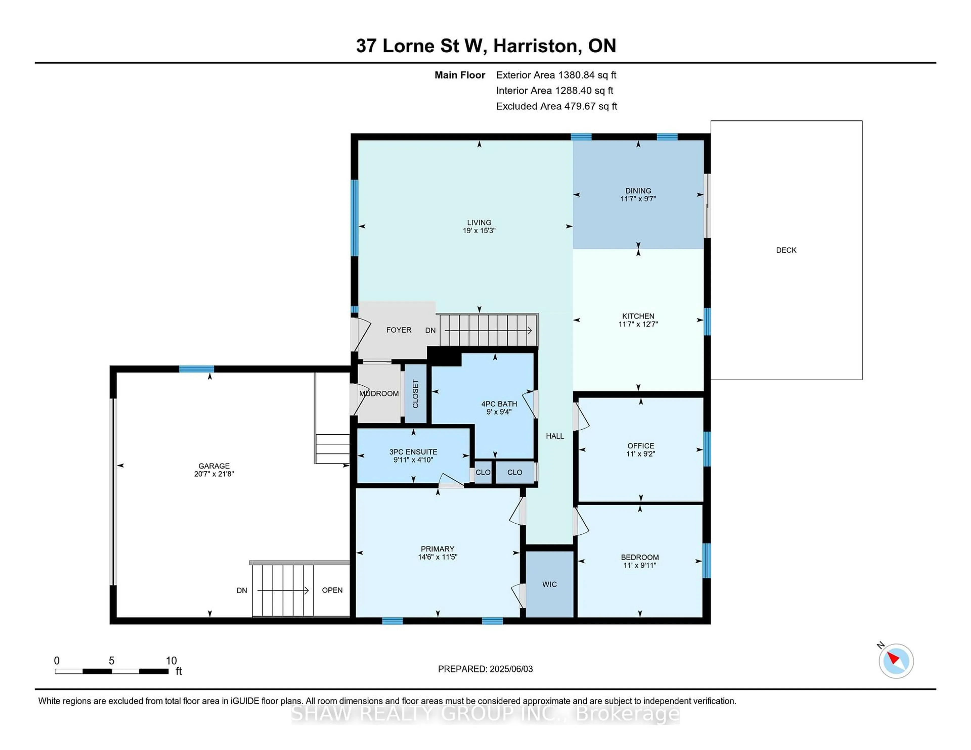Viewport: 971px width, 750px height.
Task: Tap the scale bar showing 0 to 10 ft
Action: (111, 671)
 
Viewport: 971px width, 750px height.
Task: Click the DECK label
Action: (786, 250)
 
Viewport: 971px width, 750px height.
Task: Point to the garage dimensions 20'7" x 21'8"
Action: (214, 474)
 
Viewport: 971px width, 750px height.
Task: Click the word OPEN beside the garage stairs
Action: (332, 590)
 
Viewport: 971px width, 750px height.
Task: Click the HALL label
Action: (555, 436)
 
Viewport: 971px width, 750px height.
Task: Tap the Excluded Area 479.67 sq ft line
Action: (556, 106)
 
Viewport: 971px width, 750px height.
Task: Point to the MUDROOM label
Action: (379, 394)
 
